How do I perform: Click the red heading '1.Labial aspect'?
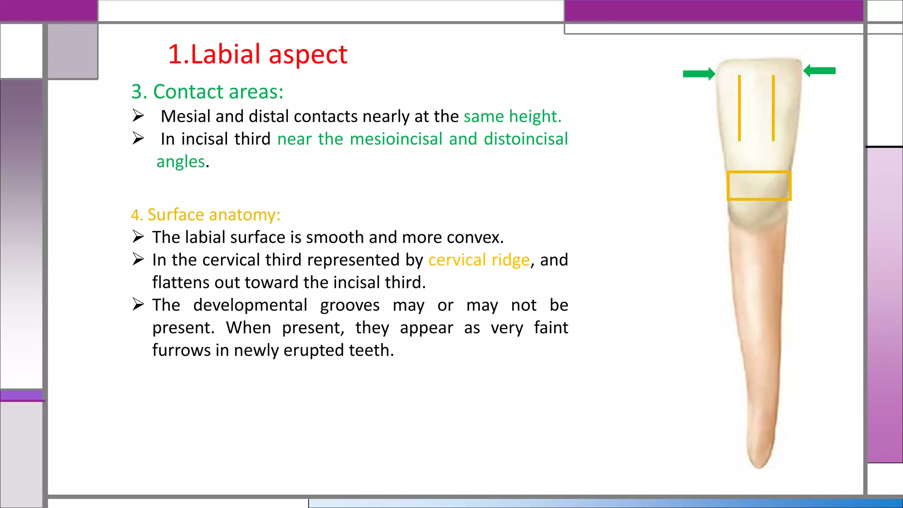click(257, 55)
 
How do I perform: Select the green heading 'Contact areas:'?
click(207, 92)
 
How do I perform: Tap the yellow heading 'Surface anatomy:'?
click(205, 215)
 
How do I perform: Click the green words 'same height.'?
click(512, 116)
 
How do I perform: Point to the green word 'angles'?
click(181, 162)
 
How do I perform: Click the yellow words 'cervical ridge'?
click(479, 260)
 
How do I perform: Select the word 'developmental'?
click(250, 305)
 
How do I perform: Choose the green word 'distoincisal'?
click(526, 139)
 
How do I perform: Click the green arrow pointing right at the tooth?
click(699, 74)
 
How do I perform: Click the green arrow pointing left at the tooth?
click(820, 71)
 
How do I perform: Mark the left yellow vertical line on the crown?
click(739, 108)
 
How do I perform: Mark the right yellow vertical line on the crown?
click(773, 108)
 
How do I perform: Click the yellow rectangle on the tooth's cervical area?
click(759, 186)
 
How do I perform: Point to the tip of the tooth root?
click(759, 466)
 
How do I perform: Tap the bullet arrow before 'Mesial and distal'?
click(138, 116)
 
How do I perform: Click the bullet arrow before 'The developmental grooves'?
click(138, 304)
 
